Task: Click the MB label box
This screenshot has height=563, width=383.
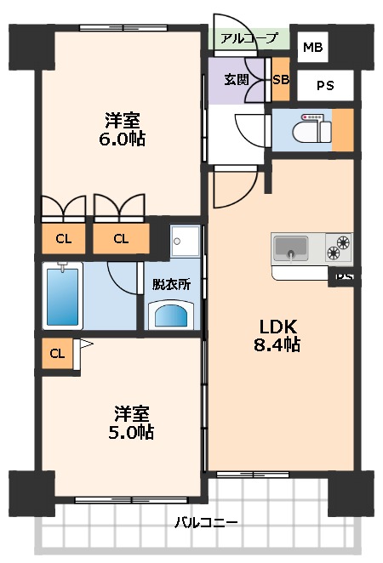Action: tap(312, 48)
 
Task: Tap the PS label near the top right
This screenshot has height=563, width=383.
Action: tap(325, 85)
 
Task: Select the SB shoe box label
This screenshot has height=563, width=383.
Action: tap(280, 80)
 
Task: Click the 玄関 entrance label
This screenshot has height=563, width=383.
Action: tap(237, 80)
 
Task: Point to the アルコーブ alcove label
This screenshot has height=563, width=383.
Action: tap(249, 38)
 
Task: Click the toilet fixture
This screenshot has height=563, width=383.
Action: tap(307, 130)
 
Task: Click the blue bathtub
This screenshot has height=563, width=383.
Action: tap(65, 294)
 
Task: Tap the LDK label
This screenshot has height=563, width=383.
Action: tap(279, 326)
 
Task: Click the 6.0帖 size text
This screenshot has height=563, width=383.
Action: tap(123, 138)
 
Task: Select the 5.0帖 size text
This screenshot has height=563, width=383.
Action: tap(133, 432)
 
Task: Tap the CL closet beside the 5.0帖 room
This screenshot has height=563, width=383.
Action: tap(56, 353)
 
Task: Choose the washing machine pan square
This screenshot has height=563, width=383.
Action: tap(185, 241)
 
